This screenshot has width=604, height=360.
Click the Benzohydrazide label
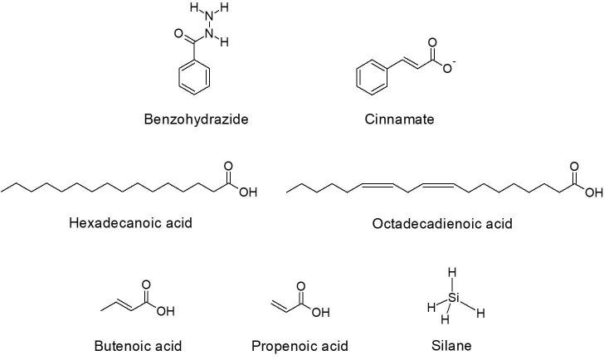point(196,119)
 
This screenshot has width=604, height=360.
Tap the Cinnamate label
point(399,119)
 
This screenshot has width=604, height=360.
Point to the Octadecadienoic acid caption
point(441,223)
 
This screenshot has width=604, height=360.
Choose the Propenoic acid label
point(300,345)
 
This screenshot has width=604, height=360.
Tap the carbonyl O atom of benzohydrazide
point(178,35)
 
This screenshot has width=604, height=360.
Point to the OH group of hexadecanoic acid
point(247,193)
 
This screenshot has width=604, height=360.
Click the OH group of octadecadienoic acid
point(592,193)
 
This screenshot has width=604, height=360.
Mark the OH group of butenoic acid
point(165,314)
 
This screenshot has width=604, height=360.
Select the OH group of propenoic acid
point(320,314)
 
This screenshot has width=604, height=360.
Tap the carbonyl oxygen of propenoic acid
point(300,286)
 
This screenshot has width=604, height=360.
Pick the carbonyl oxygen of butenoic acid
point(145,286)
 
